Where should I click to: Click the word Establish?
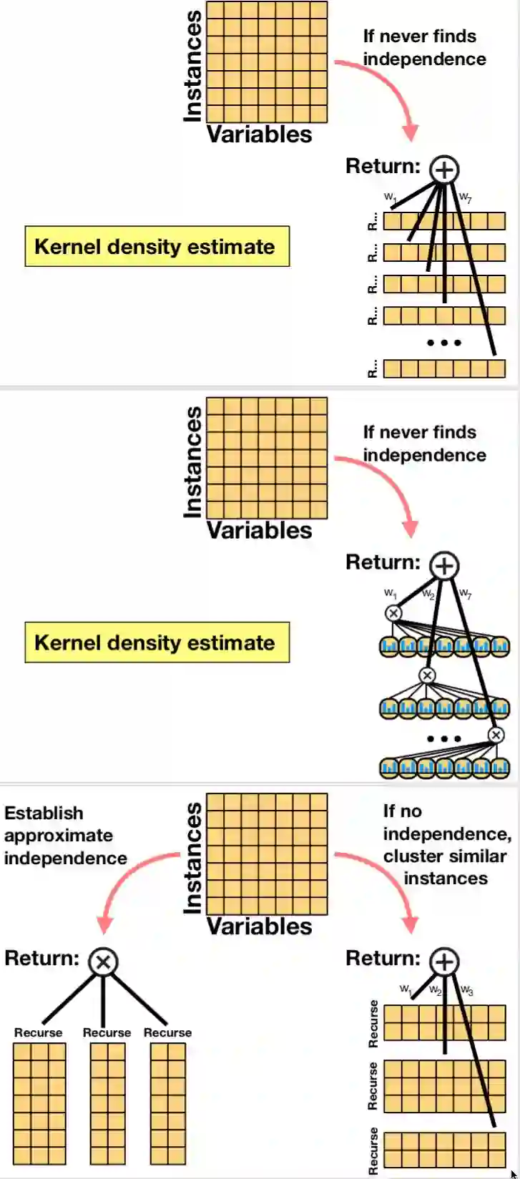(x=44, y=813)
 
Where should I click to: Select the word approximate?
(x=58, y=836)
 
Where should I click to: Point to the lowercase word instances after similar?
(x=446, y=879)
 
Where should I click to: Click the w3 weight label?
(x=467, y=990)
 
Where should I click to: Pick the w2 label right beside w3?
(x=436, y=990)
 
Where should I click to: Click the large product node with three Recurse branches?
(x=103, y=962)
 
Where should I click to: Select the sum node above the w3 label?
(x=444, y=962)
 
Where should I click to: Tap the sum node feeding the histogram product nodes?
(x=444, y=566)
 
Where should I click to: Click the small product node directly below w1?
(x=393, y=613)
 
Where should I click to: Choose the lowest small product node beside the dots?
(x=496, y=735)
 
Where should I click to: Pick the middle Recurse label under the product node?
(x=107, y=1032)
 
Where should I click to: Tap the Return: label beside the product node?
(x=41, y=958)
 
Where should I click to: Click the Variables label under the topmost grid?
(x=260, y=134)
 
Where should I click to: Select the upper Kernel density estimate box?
(x=157, y=247)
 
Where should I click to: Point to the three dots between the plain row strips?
(x=444, y=343)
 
